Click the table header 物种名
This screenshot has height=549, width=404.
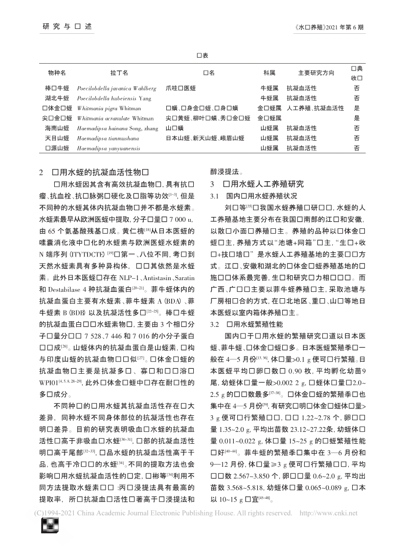(57, 73)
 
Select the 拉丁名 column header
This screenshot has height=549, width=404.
(119, 73)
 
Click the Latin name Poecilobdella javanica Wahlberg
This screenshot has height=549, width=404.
(117, 89)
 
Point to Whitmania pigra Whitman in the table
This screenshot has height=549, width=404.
(109, 108)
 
